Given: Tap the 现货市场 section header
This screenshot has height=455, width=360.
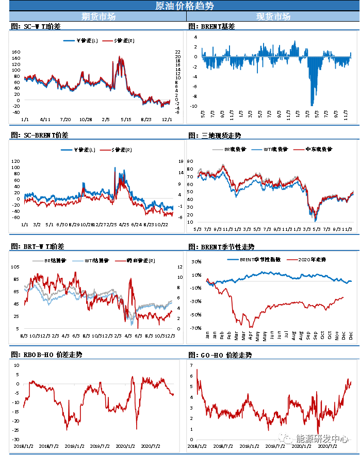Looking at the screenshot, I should [x=273, y=16].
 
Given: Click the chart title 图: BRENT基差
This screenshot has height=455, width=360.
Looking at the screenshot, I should [x=211, y=26].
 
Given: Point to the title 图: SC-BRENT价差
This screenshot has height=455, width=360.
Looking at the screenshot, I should [x=39, y=135].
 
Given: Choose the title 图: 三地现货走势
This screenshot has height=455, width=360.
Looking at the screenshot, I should [x=215, y=136].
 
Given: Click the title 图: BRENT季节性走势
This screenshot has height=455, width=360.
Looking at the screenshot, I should [x=221, y=247].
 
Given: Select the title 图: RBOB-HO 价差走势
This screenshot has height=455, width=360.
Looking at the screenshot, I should [x=46, y=355].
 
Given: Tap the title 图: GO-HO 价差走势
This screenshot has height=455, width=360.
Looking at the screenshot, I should [x=220, y=355].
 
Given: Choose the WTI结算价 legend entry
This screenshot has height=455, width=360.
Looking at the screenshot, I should [x=88, y=260].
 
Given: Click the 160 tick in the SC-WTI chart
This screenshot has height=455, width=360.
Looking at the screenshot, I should [x=15, y=52].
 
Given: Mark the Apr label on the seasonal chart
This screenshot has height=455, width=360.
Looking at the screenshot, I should [x=250, y=335].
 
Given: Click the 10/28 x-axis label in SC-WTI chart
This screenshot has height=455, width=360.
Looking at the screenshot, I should [x=86, y=120].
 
